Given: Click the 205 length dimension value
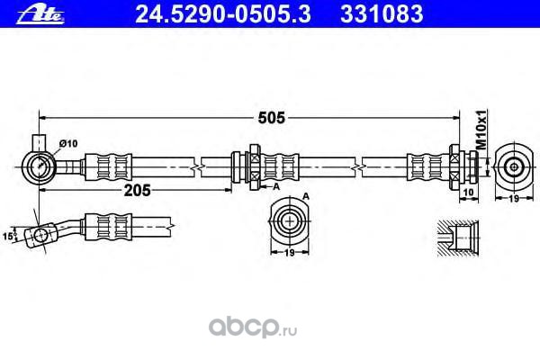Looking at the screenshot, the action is tap(136, 191).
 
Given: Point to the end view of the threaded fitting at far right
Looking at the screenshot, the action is tap(514, 166).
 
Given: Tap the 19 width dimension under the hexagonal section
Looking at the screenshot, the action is tap(288, 254).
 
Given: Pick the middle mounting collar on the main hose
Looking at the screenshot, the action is tap(251, 166).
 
